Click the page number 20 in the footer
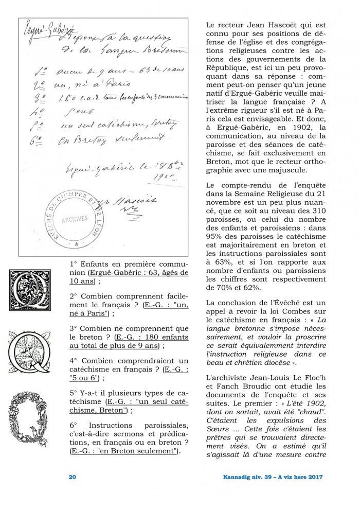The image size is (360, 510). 73,477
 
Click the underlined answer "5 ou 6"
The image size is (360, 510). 82,378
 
